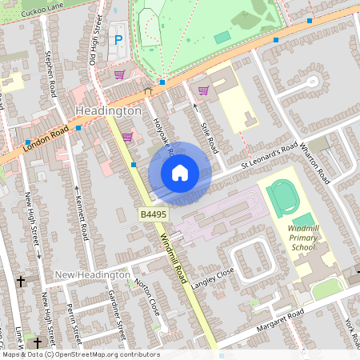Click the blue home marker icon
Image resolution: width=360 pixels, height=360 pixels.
180,173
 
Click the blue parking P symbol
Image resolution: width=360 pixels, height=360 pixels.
118,40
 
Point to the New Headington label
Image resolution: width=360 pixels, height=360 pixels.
92,275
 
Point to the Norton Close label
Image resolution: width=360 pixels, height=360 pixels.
149,296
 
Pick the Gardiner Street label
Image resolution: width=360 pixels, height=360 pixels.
118,314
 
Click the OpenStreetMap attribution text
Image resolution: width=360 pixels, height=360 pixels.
80,354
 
